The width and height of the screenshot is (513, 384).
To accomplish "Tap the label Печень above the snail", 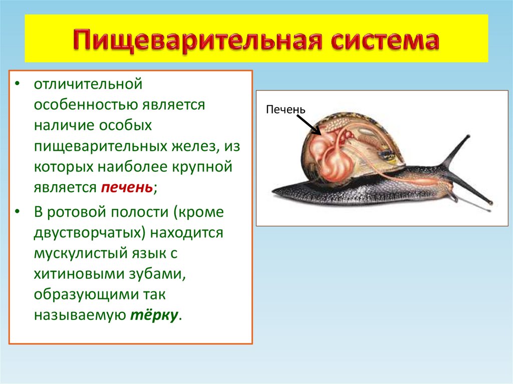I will (x=286, y=109).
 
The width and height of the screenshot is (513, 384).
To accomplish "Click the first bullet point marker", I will (x=18, y=84).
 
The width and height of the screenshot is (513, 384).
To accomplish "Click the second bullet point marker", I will (x=18, y=212).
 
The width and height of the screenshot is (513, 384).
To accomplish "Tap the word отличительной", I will (x=89, y=84).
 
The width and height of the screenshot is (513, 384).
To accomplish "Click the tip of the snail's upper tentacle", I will (x=468, y=136).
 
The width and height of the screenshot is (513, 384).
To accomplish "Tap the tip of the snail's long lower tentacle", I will (x=490, y=203).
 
